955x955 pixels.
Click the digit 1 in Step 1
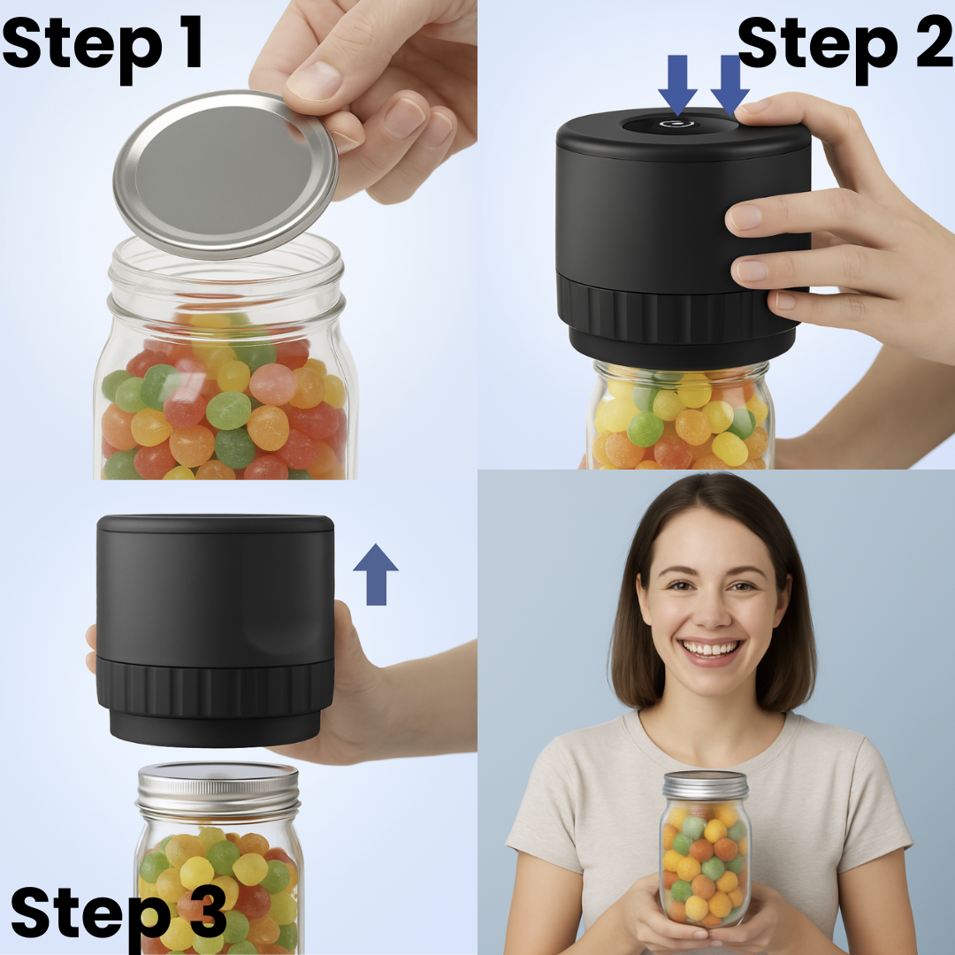[x=193, y=42]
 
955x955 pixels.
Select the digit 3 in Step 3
[x=207, y=913]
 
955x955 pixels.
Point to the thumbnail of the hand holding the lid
[x=314, y=80]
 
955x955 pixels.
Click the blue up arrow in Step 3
[x=376, y=575]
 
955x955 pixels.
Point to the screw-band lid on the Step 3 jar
[x=218, y=791]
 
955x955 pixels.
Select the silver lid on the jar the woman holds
[x=706, y=786]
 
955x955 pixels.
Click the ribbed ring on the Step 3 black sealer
[x=215, y=686]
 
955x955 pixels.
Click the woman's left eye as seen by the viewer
[x=679, y=585]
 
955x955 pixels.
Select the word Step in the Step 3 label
[x=92, y=916]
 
